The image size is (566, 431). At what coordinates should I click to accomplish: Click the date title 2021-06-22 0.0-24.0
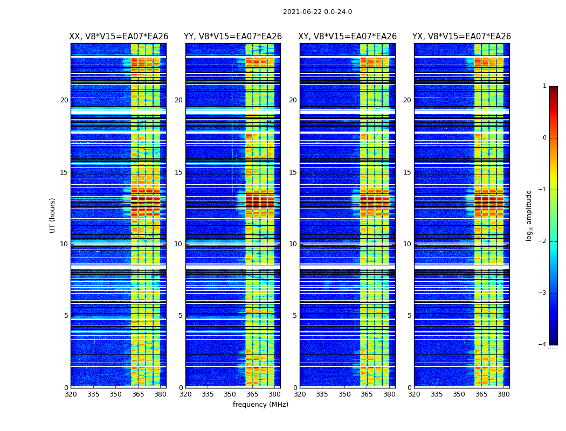click(317, 12)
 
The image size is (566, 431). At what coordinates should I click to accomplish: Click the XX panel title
click(119, 37)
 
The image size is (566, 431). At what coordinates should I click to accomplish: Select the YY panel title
click(233, 37)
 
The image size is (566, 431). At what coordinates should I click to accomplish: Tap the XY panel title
click(348, 37)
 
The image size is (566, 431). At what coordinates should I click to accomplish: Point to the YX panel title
click(462, 37)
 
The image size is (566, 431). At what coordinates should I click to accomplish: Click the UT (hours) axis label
click(52, 215)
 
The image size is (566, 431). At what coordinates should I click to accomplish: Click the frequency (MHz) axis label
click(260, 405)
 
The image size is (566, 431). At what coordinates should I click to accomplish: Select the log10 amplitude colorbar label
click(529, 215)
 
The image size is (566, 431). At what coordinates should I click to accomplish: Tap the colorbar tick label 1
click(544, 86)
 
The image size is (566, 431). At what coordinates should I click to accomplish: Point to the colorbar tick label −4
click(543, 345)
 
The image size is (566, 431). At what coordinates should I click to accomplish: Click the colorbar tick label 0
click(544, 138)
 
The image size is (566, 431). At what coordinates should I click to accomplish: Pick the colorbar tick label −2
click(543, 241)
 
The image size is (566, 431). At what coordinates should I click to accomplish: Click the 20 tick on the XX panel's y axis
click(64, 100)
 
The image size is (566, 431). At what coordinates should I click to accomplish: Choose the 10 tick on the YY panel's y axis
click(178, 244)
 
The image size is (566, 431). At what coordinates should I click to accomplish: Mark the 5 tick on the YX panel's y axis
click(409, 316)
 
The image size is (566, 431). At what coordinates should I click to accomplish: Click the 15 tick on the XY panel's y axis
click(293, 172)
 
